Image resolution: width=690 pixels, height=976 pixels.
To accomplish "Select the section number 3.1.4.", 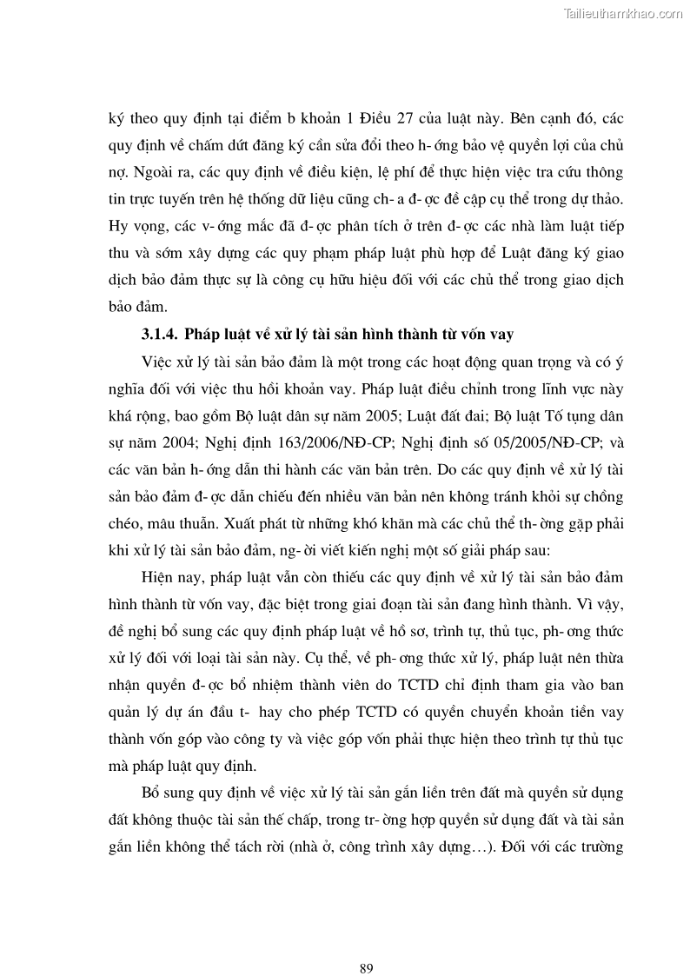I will (161, 335).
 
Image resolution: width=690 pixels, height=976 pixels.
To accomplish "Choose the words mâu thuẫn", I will (176, 526).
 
